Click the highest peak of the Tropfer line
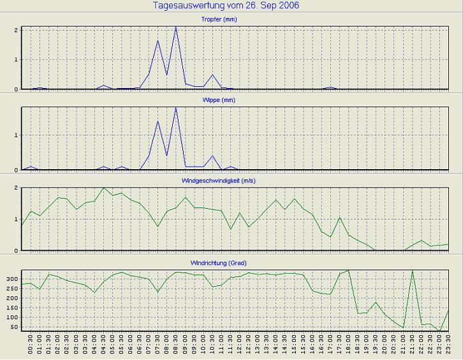[176, 27]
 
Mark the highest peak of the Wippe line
[176, 107]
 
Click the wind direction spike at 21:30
[413, 271]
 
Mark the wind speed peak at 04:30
[103, 188]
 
